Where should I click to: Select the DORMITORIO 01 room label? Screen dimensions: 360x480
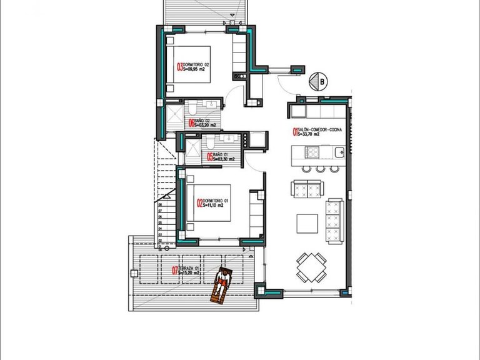coord(217,202)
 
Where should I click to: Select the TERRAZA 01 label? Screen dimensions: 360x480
coord(191,270)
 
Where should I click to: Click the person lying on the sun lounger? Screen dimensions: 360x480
coord(221,285)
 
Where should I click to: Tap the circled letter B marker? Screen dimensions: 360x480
coord(321,81)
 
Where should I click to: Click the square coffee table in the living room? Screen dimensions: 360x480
coord(306,223)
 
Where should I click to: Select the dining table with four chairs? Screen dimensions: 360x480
coord(310,267)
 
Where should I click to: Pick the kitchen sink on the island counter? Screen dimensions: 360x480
coord(338,152)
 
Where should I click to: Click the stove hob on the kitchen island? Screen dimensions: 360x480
coord(311,152)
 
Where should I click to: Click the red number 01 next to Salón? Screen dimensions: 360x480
coord(294,131)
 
